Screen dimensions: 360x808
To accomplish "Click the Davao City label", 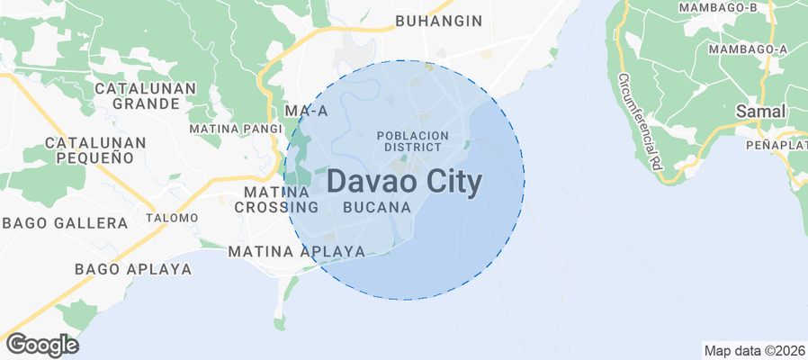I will pyautogui.click(x=403, y=181).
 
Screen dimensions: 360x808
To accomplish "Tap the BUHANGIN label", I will pyautogui.click(x=439, y=21).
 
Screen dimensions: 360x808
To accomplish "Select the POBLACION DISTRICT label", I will pyautogui.click(x=413, y=140).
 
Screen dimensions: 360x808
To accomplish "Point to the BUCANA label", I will pyautogui.click(x=378, y=207).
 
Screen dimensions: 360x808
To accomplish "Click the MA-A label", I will pyautogui.click(x=306, y=110).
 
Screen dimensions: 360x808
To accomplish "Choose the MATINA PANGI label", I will pyautogui.click(x=236, y=129).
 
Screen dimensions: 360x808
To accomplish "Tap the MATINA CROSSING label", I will pyautogui.click(x=277, y=200).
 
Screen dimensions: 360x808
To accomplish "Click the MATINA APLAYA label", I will pyautogui.click(x=297, y=251).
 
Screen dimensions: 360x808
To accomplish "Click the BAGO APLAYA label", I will pyautogui.click(x=133, y=269).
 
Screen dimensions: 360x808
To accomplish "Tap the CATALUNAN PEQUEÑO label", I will pyautogui.click(x=89, y=150).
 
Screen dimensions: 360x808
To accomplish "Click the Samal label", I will pyautogui.click(x=760, y=112).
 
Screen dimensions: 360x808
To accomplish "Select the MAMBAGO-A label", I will pyautogui.click(x=748, y=49).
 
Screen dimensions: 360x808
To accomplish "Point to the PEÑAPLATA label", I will pyautogui.click(x=776, y=145).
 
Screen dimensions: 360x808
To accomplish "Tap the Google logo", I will pyautogui.click(x=41, y=345).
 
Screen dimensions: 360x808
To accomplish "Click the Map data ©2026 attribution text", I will pyautogui.click(x=754, y=351).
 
